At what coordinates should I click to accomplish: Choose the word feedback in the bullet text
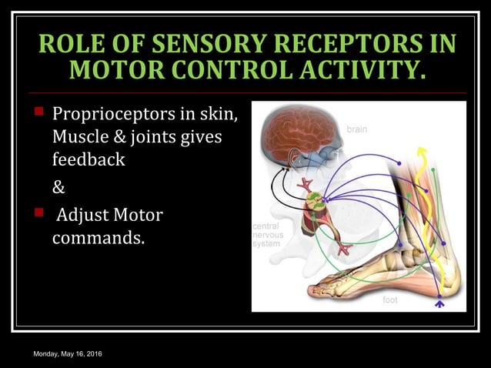(89, 162)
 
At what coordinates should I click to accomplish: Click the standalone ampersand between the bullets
(58, 188)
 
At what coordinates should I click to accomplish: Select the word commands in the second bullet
(98, 237)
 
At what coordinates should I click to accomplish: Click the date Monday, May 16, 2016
(68, 353)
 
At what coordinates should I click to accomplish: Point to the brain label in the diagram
(356, 130)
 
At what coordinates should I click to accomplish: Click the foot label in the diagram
(390, 299)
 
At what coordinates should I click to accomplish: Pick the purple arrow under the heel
(440, 304)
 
